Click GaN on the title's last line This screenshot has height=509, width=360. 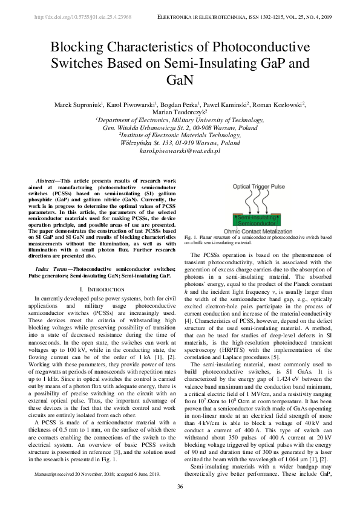pyautogui.click(x=180, y=80)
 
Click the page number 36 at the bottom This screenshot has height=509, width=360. pyautogui.click(x=180, y=487)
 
